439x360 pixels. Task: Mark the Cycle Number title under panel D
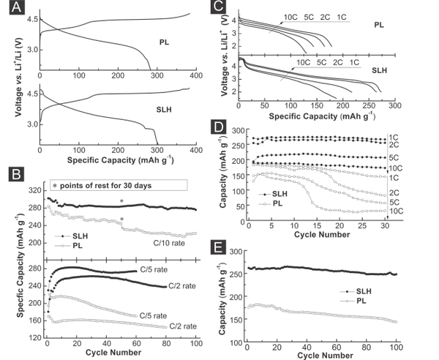[318, 236]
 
